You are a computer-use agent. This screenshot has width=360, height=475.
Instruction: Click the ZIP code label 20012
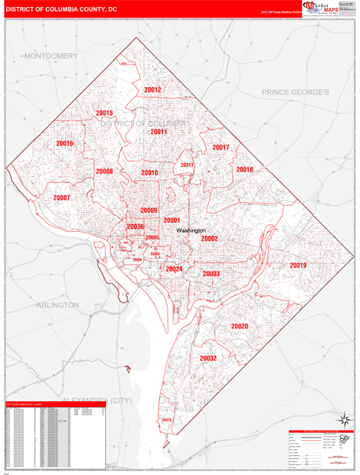pos(153,89)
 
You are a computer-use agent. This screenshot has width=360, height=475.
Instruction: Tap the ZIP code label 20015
pos(104,113)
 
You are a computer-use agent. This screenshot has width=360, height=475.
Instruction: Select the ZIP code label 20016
pos(65,143)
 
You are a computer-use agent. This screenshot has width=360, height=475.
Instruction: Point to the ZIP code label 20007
pos(62,198)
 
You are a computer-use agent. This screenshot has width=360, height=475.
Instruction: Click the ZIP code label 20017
pos(221,147)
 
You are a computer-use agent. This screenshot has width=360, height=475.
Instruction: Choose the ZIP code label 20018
pos(244,169)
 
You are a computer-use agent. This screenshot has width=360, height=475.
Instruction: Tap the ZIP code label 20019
pos(297,265)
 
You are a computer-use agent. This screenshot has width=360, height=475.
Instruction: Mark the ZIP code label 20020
pos(240,326)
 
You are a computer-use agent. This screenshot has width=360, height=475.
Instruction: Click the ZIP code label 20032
pos(208,358)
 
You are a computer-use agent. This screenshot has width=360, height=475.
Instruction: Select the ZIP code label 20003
pos(211,273)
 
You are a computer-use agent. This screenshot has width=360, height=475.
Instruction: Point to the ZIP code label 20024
pos(174,269)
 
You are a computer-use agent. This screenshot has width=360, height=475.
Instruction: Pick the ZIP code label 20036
pos(135,226)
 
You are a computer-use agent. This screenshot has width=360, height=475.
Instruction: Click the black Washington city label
pos(191,230)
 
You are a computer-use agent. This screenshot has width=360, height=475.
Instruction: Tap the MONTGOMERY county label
pos(51,56)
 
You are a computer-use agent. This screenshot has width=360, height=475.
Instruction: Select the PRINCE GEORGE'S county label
pos(295,93)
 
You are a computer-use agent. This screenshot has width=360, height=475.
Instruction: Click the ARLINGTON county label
pos(57,305)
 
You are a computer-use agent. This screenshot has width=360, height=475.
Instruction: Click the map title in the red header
pos(62,9)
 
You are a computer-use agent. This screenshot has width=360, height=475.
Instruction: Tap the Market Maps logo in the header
pos(323,9)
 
